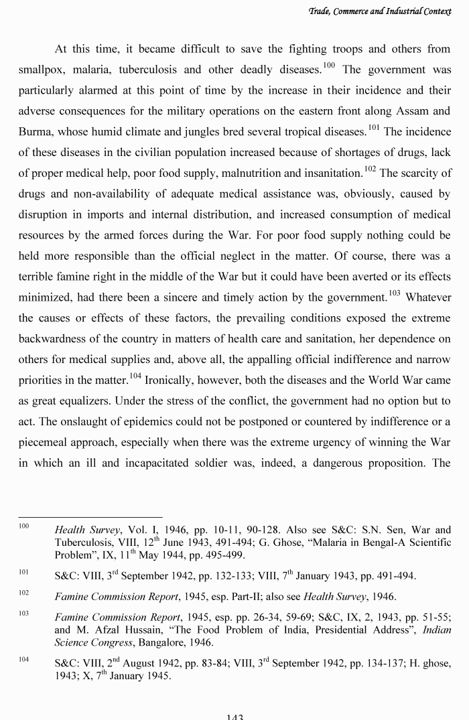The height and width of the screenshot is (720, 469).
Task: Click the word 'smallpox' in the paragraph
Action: pos(42,70)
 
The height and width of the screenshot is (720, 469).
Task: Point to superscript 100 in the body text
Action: pos(328,65)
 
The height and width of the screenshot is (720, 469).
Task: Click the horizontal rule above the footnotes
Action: pos(90,517)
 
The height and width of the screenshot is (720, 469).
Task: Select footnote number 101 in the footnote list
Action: pos(23,573)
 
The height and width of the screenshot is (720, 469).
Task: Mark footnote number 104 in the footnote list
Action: pos(23,660)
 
